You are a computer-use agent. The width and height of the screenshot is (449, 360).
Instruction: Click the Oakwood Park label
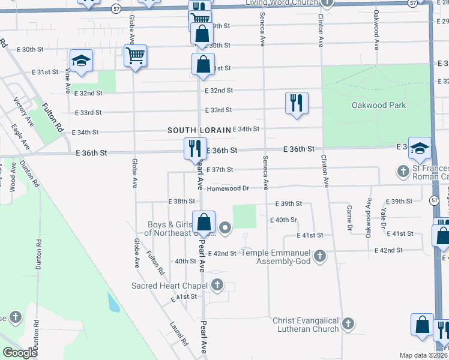coord(378,106)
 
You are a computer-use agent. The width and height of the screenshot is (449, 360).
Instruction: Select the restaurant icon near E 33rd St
coord(297,103)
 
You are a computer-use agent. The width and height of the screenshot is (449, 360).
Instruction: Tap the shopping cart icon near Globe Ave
coord(136,56)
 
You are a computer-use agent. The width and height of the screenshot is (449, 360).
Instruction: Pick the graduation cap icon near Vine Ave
coord(81,61)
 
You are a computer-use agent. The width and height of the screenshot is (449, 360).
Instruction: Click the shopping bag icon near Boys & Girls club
coord(204,221)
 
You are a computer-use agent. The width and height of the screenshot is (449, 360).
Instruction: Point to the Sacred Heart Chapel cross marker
coord(217,285)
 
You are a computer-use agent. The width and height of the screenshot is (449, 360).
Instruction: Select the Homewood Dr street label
coord(228,188)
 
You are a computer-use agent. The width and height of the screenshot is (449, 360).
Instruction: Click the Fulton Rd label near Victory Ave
coord(52,118)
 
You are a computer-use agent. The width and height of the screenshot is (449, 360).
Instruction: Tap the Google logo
coord(20,353)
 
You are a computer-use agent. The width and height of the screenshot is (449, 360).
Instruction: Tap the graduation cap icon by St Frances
coord(420,148)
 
